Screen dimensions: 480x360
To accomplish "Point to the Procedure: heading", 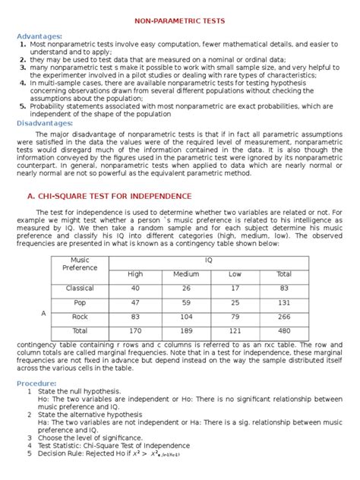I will point(39,383).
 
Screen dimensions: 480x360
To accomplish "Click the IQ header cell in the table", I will point(209,260).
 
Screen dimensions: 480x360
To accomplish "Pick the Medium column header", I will point(186,274).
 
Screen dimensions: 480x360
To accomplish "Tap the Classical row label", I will point(80,288).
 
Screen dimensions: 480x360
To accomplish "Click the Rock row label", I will point(80,317).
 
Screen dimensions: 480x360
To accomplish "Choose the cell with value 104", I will point(186,317).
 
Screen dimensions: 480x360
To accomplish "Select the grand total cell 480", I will point(284,331).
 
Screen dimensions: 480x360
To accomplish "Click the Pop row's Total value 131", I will point(284,302).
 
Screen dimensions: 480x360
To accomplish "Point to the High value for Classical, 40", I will point(135,288).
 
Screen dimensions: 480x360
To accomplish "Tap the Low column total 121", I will point(235,331).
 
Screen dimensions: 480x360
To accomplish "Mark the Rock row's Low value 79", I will point(235,317).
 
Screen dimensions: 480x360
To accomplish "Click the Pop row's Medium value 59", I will point(186,302).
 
